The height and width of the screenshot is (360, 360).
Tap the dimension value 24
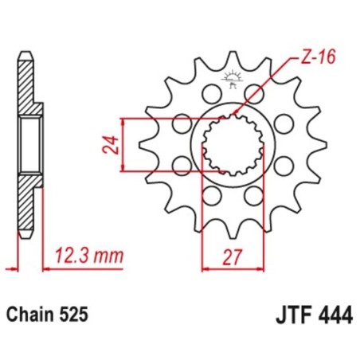click(112, 145)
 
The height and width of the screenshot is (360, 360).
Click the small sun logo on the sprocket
click(233, 77)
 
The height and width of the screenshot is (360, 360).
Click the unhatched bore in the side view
click(29, 143)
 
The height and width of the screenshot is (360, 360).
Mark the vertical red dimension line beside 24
click(122, 145)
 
